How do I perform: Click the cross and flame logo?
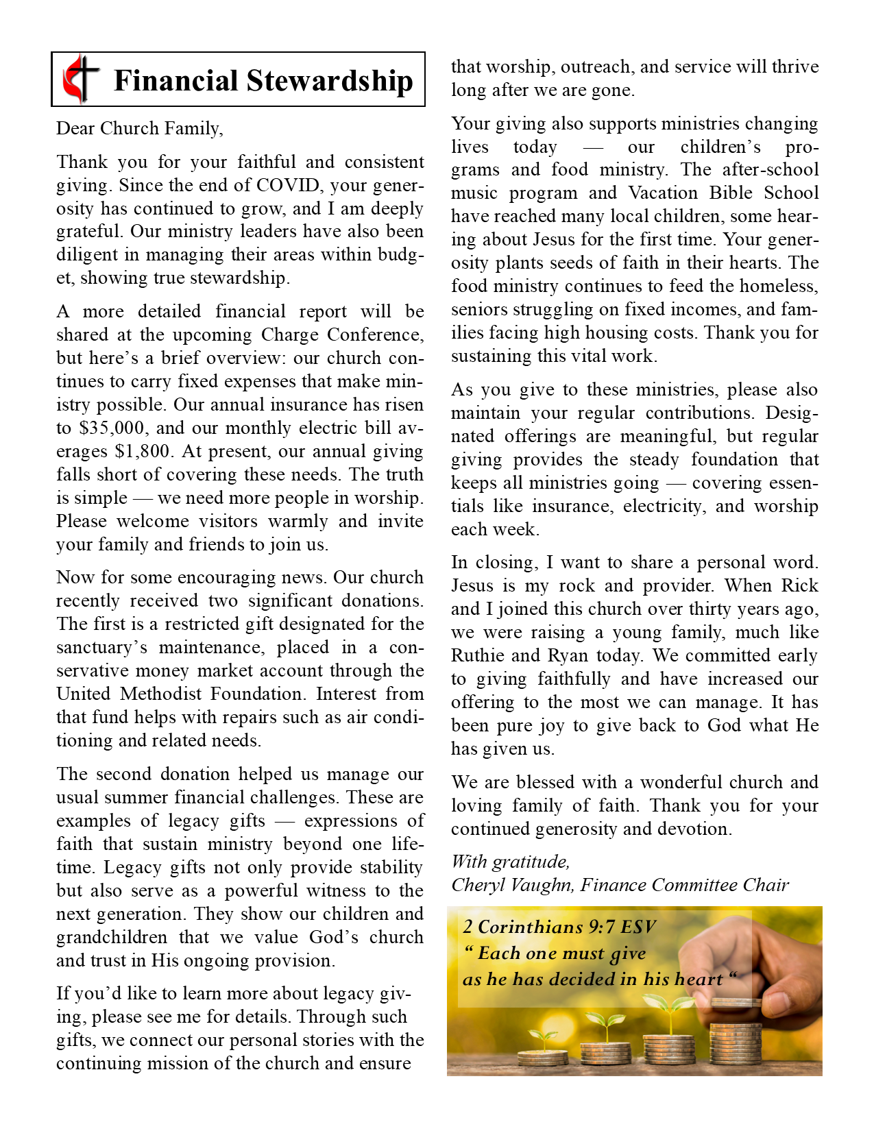(81, 79)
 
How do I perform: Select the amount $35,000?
(112, 428)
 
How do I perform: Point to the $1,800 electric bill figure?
(141, 451)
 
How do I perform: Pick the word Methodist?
(161, 694)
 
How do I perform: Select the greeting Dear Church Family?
(139, 128)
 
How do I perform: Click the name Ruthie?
(479, 655)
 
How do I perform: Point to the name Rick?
(800, 585)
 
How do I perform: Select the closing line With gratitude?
(510, 862)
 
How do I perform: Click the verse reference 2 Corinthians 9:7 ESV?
(559, 927)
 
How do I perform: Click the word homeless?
(779, 286)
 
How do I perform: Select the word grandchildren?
(112, 937)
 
